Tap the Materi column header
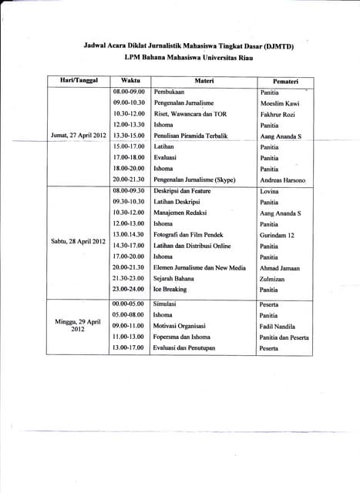click(204, 81)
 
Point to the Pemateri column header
click(285, 81)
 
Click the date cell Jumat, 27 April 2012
click(78, 136)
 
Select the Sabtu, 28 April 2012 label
click(78, 241)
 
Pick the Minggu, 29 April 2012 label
click(78, 326)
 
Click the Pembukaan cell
click(170, 92)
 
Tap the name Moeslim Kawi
click(280, 103)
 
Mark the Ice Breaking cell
click(170, 290)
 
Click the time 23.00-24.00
click(129, 290)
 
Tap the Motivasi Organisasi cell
click(181, 326)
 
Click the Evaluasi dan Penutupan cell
click(184, 348)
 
